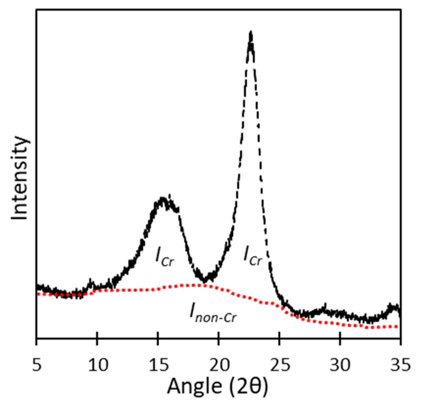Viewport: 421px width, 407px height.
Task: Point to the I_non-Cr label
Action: pos(213,314)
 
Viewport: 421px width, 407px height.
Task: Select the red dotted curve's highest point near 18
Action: pos(191,285)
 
